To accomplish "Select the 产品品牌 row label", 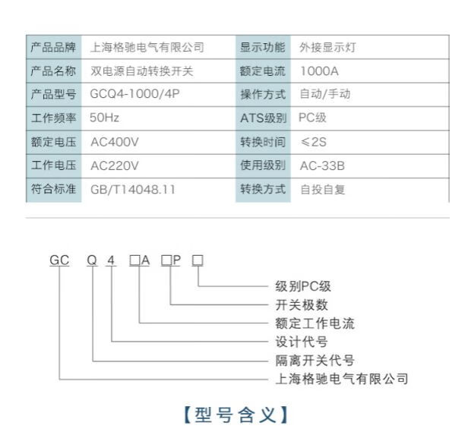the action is click(x=52, y=47).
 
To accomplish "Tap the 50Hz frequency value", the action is click(x=104, y=118).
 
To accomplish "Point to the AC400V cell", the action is click(x=114, y=142).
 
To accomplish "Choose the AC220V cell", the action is click(x=114, y=166).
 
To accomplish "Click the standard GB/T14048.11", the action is click(x=132, y=189).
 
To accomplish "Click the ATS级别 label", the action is click(x=263, y=118).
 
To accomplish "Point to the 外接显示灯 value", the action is click(x=327, y=47).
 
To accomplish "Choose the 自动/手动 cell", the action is click(x=325, y=94).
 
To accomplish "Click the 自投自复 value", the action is click(x=322, y=189).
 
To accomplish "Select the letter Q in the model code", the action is click(x=92, y=260).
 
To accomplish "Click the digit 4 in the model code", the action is click(x=111, y=260).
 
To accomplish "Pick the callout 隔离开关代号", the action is click(x=315, y=360).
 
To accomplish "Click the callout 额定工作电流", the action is click(x=315, y=323).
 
